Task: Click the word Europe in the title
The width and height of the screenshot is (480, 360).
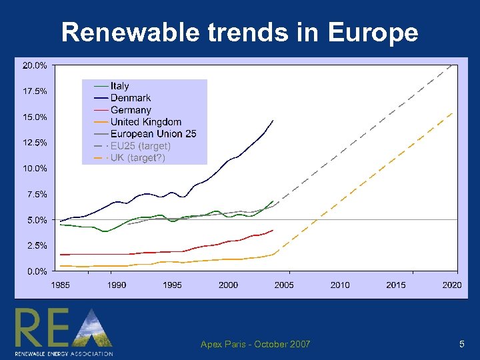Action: coord(373,32)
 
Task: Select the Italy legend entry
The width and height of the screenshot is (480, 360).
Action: coord(120,86)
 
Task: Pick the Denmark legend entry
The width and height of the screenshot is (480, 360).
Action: coord(131,98)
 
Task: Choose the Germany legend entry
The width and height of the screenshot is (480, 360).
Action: coord(131,110)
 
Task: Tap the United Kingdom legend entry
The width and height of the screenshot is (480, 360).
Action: coord(145,122)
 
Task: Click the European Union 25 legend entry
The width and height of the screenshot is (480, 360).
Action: coord(153,134)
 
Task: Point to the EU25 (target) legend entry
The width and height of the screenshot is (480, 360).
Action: coord(140,146)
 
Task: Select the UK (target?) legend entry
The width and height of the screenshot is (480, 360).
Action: coord(137,158)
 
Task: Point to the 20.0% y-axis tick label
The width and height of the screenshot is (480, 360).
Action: coord(35,65)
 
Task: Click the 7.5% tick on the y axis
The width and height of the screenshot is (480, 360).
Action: coord(37,194)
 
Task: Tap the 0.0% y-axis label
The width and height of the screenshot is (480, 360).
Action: coord(37,271)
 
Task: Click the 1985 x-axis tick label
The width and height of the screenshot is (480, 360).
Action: coord(60,285)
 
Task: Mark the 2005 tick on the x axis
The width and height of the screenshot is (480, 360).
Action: coord(284,285)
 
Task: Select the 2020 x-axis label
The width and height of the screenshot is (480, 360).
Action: coord(452,285)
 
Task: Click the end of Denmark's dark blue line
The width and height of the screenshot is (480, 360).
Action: coord(273,121)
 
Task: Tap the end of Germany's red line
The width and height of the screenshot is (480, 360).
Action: coord(273,231)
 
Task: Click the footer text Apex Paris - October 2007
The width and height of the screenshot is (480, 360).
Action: coord(255,344)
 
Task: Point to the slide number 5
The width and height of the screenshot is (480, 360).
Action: coord(461,344)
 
